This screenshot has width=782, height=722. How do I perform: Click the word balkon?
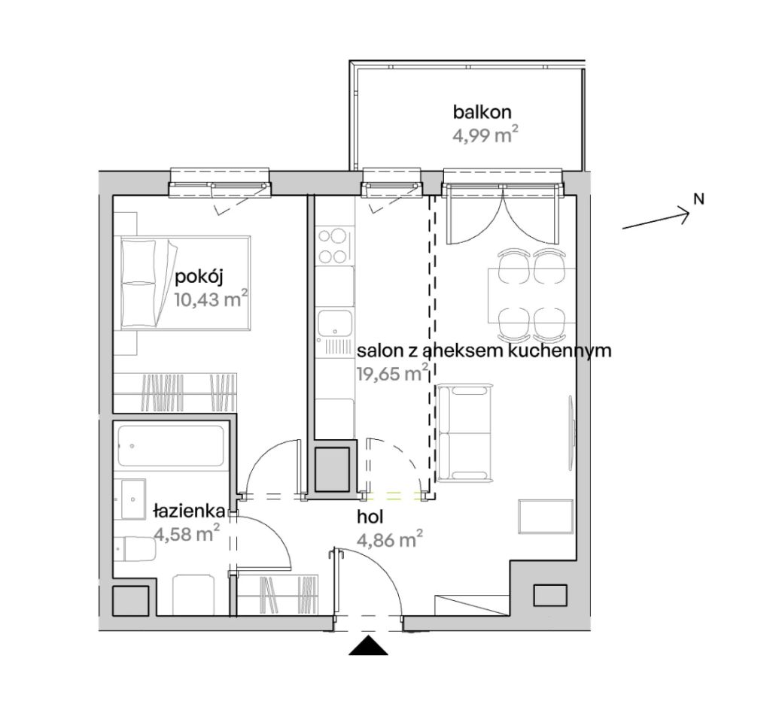482,112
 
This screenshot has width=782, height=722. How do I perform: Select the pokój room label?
199,278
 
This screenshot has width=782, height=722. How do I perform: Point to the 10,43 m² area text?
211,299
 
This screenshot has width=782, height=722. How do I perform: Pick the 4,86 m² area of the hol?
390,539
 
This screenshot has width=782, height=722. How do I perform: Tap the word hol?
370,517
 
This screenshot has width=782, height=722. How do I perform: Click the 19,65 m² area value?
392,373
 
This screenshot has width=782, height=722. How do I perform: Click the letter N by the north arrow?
699,199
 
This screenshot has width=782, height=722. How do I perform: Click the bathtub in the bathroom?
171,445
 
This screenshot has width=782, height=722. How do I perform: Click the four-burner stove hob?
333,245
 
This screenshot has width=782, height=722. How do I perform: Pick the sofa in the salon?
464,432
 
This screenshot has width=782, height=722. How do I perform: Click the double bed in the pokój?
184,283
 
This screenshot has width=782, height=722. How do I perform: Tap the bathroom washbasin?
130,499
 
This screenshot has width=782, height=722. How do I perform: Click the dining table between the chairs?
531,296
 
